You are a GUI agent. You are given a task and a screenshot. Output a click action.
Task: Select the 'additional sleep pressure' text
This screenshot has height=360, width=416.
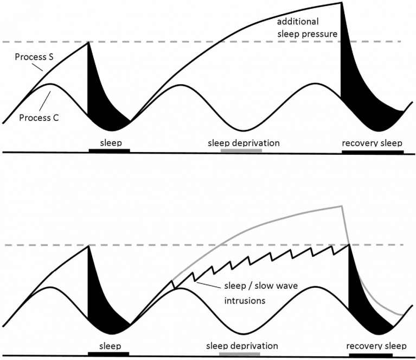coord(308,28)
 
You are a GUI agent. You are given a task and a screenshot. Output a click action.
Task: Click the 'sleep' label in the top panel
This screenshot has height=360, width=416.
coord(109,142)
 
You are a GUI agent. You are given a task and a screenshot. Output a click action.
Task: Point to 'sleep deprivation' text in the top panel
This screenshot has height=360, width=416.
coord(244,143)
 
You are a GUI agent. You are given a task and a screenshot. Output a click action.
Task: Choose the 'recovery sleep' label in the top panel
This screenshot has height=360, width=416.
coord(372,143)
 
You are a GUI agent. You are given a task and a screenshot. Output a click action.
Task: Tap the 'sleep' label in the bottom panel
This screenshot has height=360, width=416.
coord(109,345)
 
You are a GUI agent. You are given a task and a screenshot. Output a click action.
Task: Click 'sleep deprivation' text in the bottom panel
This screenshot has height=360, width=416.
coord(242,345)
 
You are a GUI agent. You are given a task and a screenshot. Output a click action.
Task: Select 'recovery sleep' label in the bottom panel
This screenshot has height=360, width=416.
coord(372,345)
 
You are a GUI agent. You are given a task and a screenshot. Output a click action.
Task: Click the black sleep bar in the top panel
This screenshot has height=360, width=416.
coord(109,150)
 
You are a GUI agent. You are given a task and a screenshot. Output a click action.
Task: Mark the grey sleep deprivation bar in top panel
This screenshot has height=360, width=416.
coord(241,150)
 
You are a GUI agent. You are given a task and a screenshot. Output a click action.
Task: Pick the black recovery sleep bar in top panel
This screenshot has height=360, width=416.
coord(373,152)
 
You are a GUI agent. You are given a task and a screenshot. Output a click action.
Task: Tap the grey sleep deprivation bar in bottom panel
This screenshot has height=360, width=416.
coord(240,354)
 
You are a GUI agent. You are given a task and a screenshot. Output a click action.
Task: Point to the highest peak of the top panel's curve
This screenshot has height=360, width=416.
coord(341,3)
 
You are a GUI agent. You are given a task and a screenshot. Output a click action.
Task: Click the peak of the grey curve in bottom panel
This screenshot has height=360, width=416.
coord(341,206)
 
